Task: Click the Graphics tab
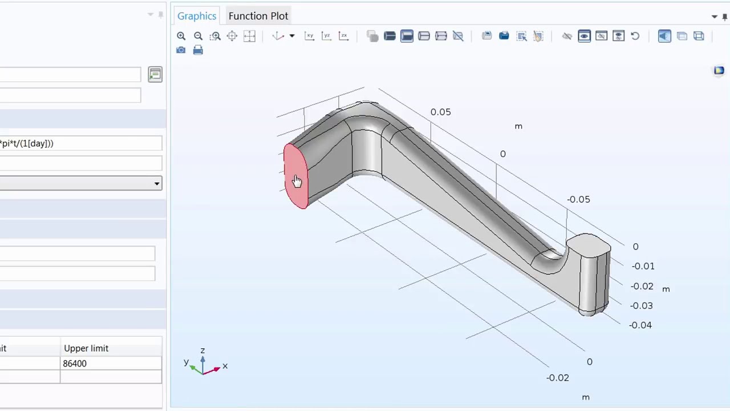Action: click(x=196, y=16)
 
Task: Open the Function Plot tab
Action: click(x=258, y=16)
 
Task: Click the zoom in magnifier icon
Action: click(x=181, y=36)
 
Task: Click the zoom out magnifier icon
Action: click(x=198, y=36)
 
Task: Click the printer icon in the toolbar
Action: click(x=198, y=50)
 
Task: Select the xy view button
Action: click(x=309, y=36)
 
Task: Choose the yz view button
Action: click(x=326, y=36)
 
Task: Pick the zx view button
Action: click(x=343, y=36)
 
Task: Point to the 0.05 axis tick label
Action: click(x=440, y=112)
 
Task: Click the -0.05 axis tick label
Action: click(x=578, y=199)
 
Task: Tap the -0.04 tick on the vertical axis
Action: click(x=640, y=325)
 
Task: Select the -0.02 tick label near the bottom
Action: click(x=557, y=377)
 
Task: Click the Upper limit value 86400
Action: click(x=75, y=364)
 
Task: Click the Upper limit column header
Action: click(x=86, y=348)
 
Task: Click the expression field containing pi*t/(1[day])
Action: click(x=80, y=143)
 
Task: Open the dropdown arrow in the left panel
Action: click(x=156, y=183)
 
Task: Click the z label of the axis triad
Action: click(x=202, y=350)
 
